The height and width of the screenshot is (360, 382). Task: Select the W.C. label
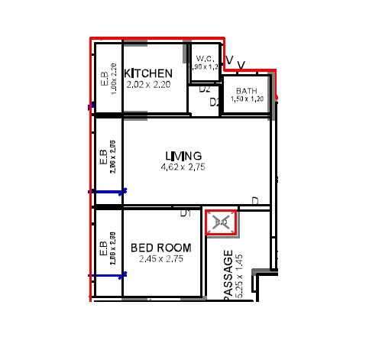(x=204, y=59)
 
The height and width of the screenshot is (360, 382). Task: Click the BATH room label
(x=247, y=90)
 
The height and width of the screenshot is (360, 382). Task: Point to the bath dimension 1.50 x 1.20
(x=247, y=99)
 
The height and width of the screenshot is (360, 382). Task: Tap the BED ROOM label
(x=160, y=248)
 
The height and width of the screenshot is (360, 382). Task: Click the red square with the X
(x=222, y=222)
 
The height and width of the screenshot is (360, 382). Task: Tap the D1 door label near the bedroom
(x=185, y=213)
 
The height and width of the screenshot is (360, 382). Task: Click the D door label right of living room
(x=255, y=202)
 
